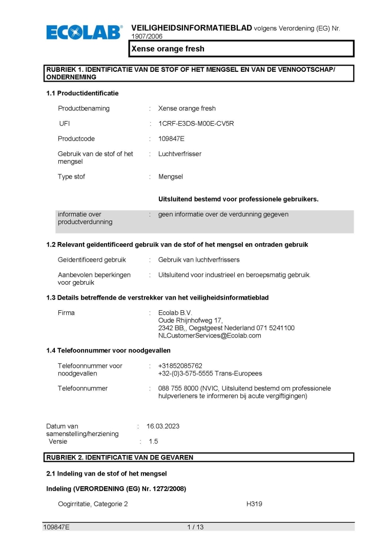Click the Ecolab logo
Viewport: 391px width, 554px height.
pos(85,32)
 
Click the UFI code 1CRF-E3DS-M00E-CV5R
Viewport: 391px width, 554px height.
pos(196,124)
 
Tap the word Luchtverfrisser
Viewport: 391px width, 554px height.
pos(180,154)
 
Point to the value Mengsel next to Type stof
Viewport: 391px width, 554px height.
pos(171,176)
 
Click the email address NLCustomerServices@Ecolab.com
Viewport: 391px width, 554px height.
pos(210,335)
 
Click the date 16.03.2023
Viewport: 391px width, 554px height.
pos(163,426)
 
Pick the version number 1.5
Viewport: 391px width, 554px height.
pos(153,441)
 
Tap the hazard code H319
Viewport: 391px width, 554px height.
pos(254,504)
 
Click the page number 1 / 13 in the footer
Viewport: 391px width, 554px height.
pos(195,527)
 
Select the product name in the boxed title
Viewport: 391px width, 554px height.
pos(168,49)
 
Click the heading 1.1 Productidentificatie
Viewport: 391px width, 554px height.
pos(83,93)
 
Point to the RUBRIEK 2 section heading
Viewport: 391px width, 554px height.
pos(120,457)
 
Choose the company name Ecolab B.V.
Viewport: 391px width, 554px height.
pos(175,312)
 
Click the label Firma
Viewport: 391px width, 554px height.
pos(66,312)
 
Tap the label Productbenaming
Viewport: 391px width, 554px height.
pos(84,108)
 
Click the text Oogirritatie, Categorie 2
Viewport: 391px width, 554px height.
pos(93,504)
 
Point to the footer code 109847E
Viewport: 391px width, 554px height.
pos(56,527)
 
